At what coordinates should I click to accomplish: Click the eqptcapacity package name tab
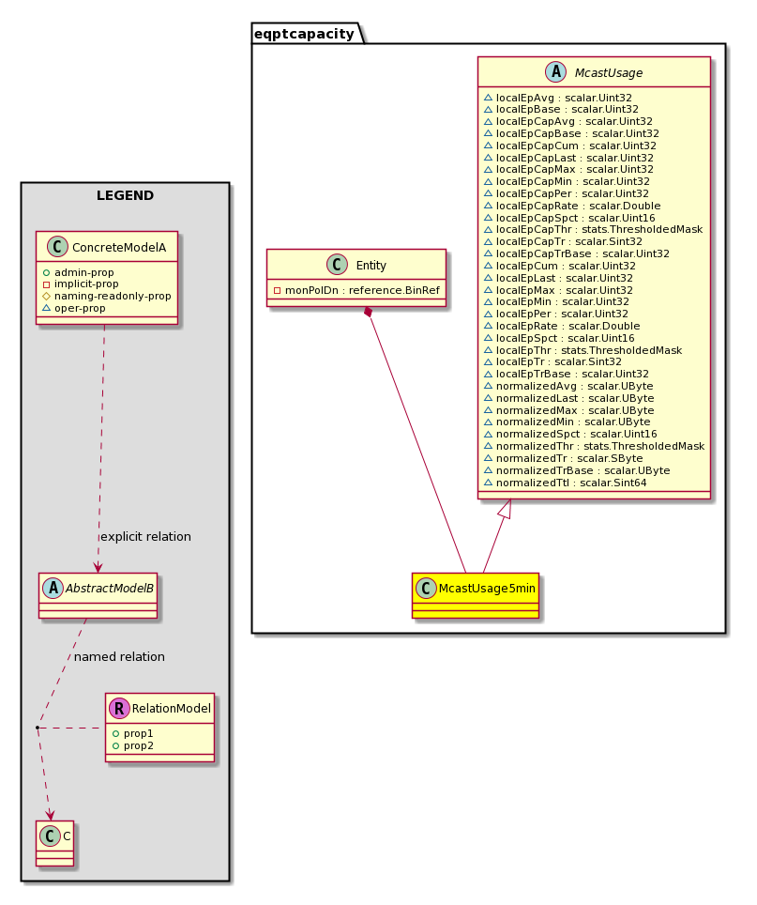click(305, 34)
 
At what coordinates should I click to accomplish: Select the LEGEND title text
click(125, 195)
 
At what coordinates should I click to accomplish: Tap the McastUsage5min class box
click(476, 595)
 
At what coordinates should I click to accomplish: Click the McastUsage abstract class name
click(608, 72)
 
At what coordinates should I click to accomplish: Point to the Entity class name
click(371, 266)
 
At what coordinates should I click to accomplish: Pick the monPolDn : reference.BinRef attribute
click(362, 290)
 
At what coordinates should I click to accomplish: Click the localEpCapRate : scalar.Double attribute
click(578, 206)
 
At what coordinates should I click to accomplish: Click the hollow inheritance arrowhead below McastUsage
click(505, 509)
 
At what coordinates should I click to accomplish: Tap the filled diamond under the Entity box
click(368, 313)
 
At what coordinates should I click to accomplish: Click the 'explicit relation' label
click(145, 537)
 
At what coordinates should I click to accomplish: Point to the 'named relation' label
click(119, 657)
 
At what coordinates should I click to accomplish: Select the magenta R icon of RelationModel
click(119, 708)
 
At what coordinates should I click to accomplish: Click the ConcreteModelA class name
click(119, 248)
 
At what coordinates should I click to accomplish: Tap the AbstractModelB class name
click(110, 588)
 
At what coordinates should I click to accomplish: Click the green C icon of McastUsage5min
click(426, 588)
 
